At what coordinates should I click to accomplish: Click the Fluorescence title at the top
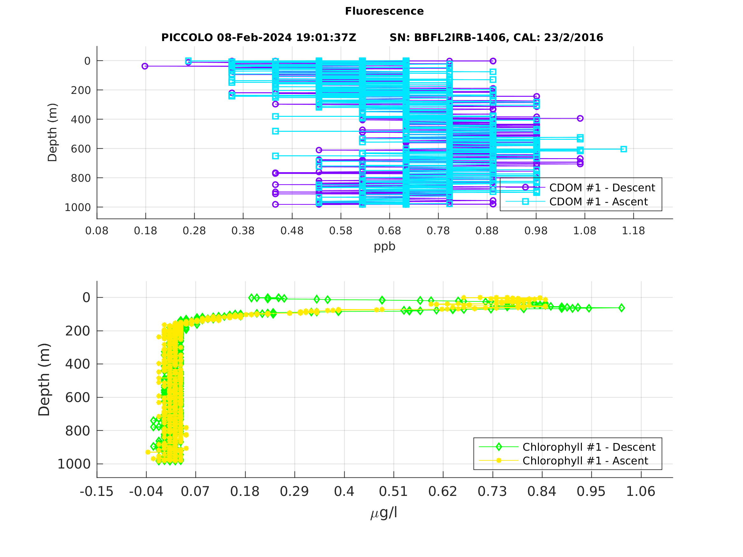click(x=384, y=11)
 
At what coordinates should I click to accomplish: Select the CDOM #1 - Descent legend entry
click(x=602, y=188)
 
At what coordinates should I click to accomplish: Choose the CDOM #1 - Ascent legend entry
click(x=598, y=202)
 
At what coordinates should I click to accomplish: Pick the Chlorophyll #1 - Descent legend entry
click(x=589, y=447)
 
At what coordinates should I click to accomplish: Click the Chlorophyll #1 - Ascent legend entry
click(x=585, y=461)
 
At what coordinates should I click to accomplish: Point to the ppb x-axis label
click(x=384, y=246)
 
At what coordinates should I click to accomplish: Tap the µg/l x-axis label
click(x=384, y=513)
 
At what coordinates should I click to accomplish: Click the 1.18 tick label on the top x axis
click(x=633, y=231)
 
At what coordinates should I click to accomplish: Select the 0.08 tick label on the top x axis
click(x=97, y=231)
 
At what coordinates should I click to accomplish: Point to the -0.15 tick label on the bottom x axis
click(x=97, y=491)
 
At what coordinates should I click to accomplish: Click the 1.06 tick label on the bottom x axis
click(x=640, y=491)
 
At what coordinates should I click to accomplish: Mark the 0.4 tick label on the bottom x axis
click(x=344, y=491)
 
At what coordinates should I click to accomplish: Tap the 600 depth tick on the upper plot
click(x=81, y=149)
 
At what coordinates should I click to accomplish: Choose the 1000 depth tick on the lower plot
click(x=74, y=464)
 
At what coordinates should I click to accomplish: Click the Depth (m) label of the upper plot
click(x=53, y=132)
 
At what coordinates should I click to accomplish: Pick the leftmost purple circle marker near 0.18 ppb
click(x=145, y=66)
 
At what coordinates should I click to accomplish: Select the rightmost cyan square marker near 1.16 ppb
click(x=624, y=149)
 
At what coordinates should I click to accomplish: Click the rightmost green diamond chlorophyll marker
click(x=621, y=308)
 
